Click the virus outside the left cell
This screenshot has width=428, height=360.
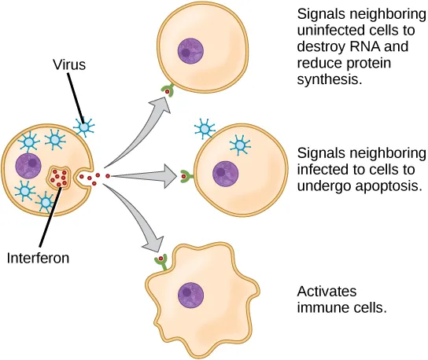[83, 125]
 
